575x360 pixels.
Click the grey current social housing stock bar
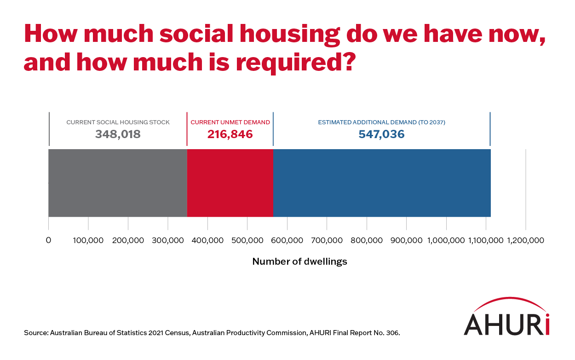(x=118, y=183)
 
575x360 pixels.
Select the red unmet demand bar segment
(x=230, y=183)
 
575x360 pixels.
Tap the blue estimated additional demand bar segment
(x=382, y=183)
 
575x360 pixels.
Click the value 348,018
(x=118, y=134)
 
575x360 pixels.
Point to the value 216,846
(x=230, y=134)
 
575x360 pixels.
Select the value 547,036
(x=381, y=134)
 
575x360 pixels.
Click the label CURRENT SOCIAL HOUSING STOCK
(x=118, y=122)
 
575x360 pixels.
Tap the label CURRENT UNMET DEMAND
(x=230, y=122)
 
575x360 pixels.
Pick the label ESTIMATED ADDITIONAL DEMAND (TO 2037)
(x=381, y=122)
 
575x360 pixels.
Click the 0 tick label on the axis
(x=48, y=240)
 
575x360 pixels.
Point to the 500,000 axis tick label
(x=247, y=240)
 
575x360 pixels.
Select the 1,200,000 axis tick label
(x=525, y=240)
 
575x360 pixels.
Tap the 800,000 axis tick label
(x=367, y=240)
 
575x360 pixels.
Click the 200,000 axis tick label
(x=128, y=240)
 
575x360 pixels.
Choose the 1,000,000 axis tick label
(x=446, y=240)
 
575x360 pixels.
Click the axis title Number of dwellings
(x=299, y=262)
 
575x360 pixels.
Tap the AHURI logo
(x=506, y=318)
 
